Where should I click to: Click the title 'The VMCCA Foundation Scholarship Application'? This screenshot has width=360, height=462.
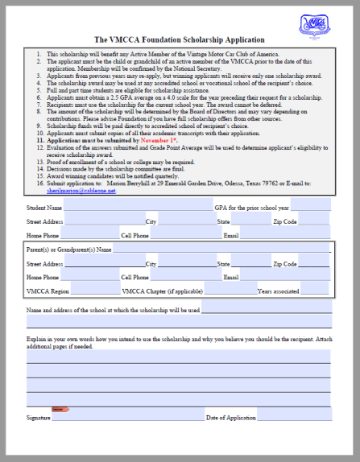coord(179,39)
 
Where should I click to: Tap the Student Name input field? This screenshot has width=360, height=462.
coord(137,207)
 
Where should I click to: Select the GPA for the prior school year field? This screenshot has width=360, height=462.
coord(310,207)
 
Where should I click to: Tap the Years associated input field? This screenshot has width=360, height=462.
coord(315,291)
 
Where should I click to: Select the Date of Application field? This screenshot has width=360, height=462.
coord(295,417)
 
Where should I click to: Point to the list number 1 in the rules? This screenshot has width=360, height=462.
coord(39,53)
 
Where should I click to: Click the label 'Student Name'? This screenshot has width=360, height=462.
coord(44,208)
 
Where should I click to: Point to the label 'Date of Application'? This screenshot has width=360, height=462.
coord(231,418)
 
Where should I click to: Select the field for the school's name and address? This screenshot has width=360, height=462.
coord(266,308)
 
